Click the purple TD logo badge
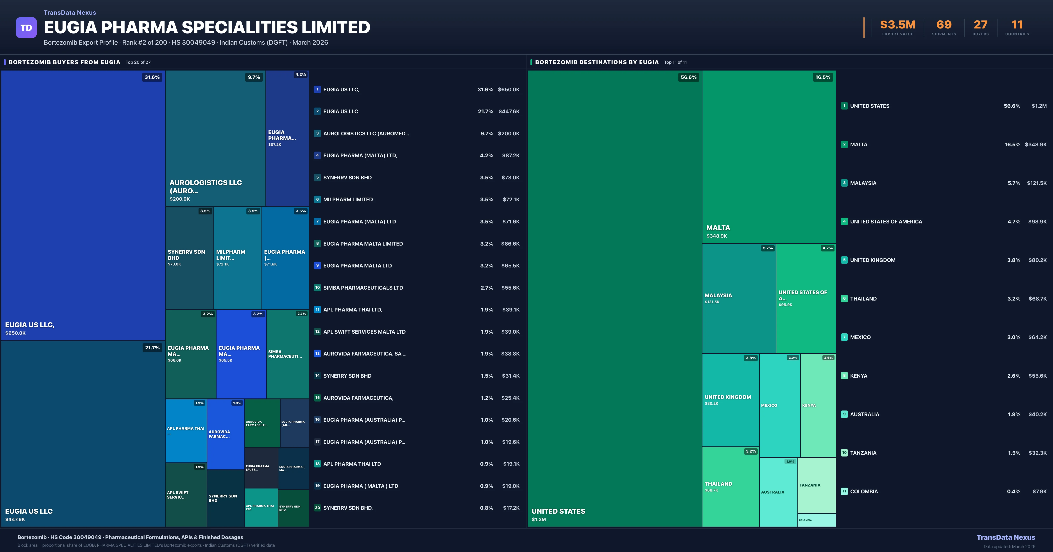click(x=26, y=28)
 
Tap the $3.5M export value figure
click(x=898, y=25)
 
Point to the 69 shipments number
click(x=944, y=25)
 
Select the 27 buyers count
click(x=980, y=25)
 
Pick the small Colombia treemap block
click(x=816, y=520)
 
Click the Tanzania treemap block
click(x=816, y=485)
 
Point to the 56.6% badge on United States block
click(x=688, y=77)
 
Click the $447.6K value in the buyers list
click(x=509, y=111)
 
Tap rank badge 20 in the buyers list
click(x=317, y=508)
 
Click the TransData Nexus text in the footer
click(x=1006, y=537)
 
